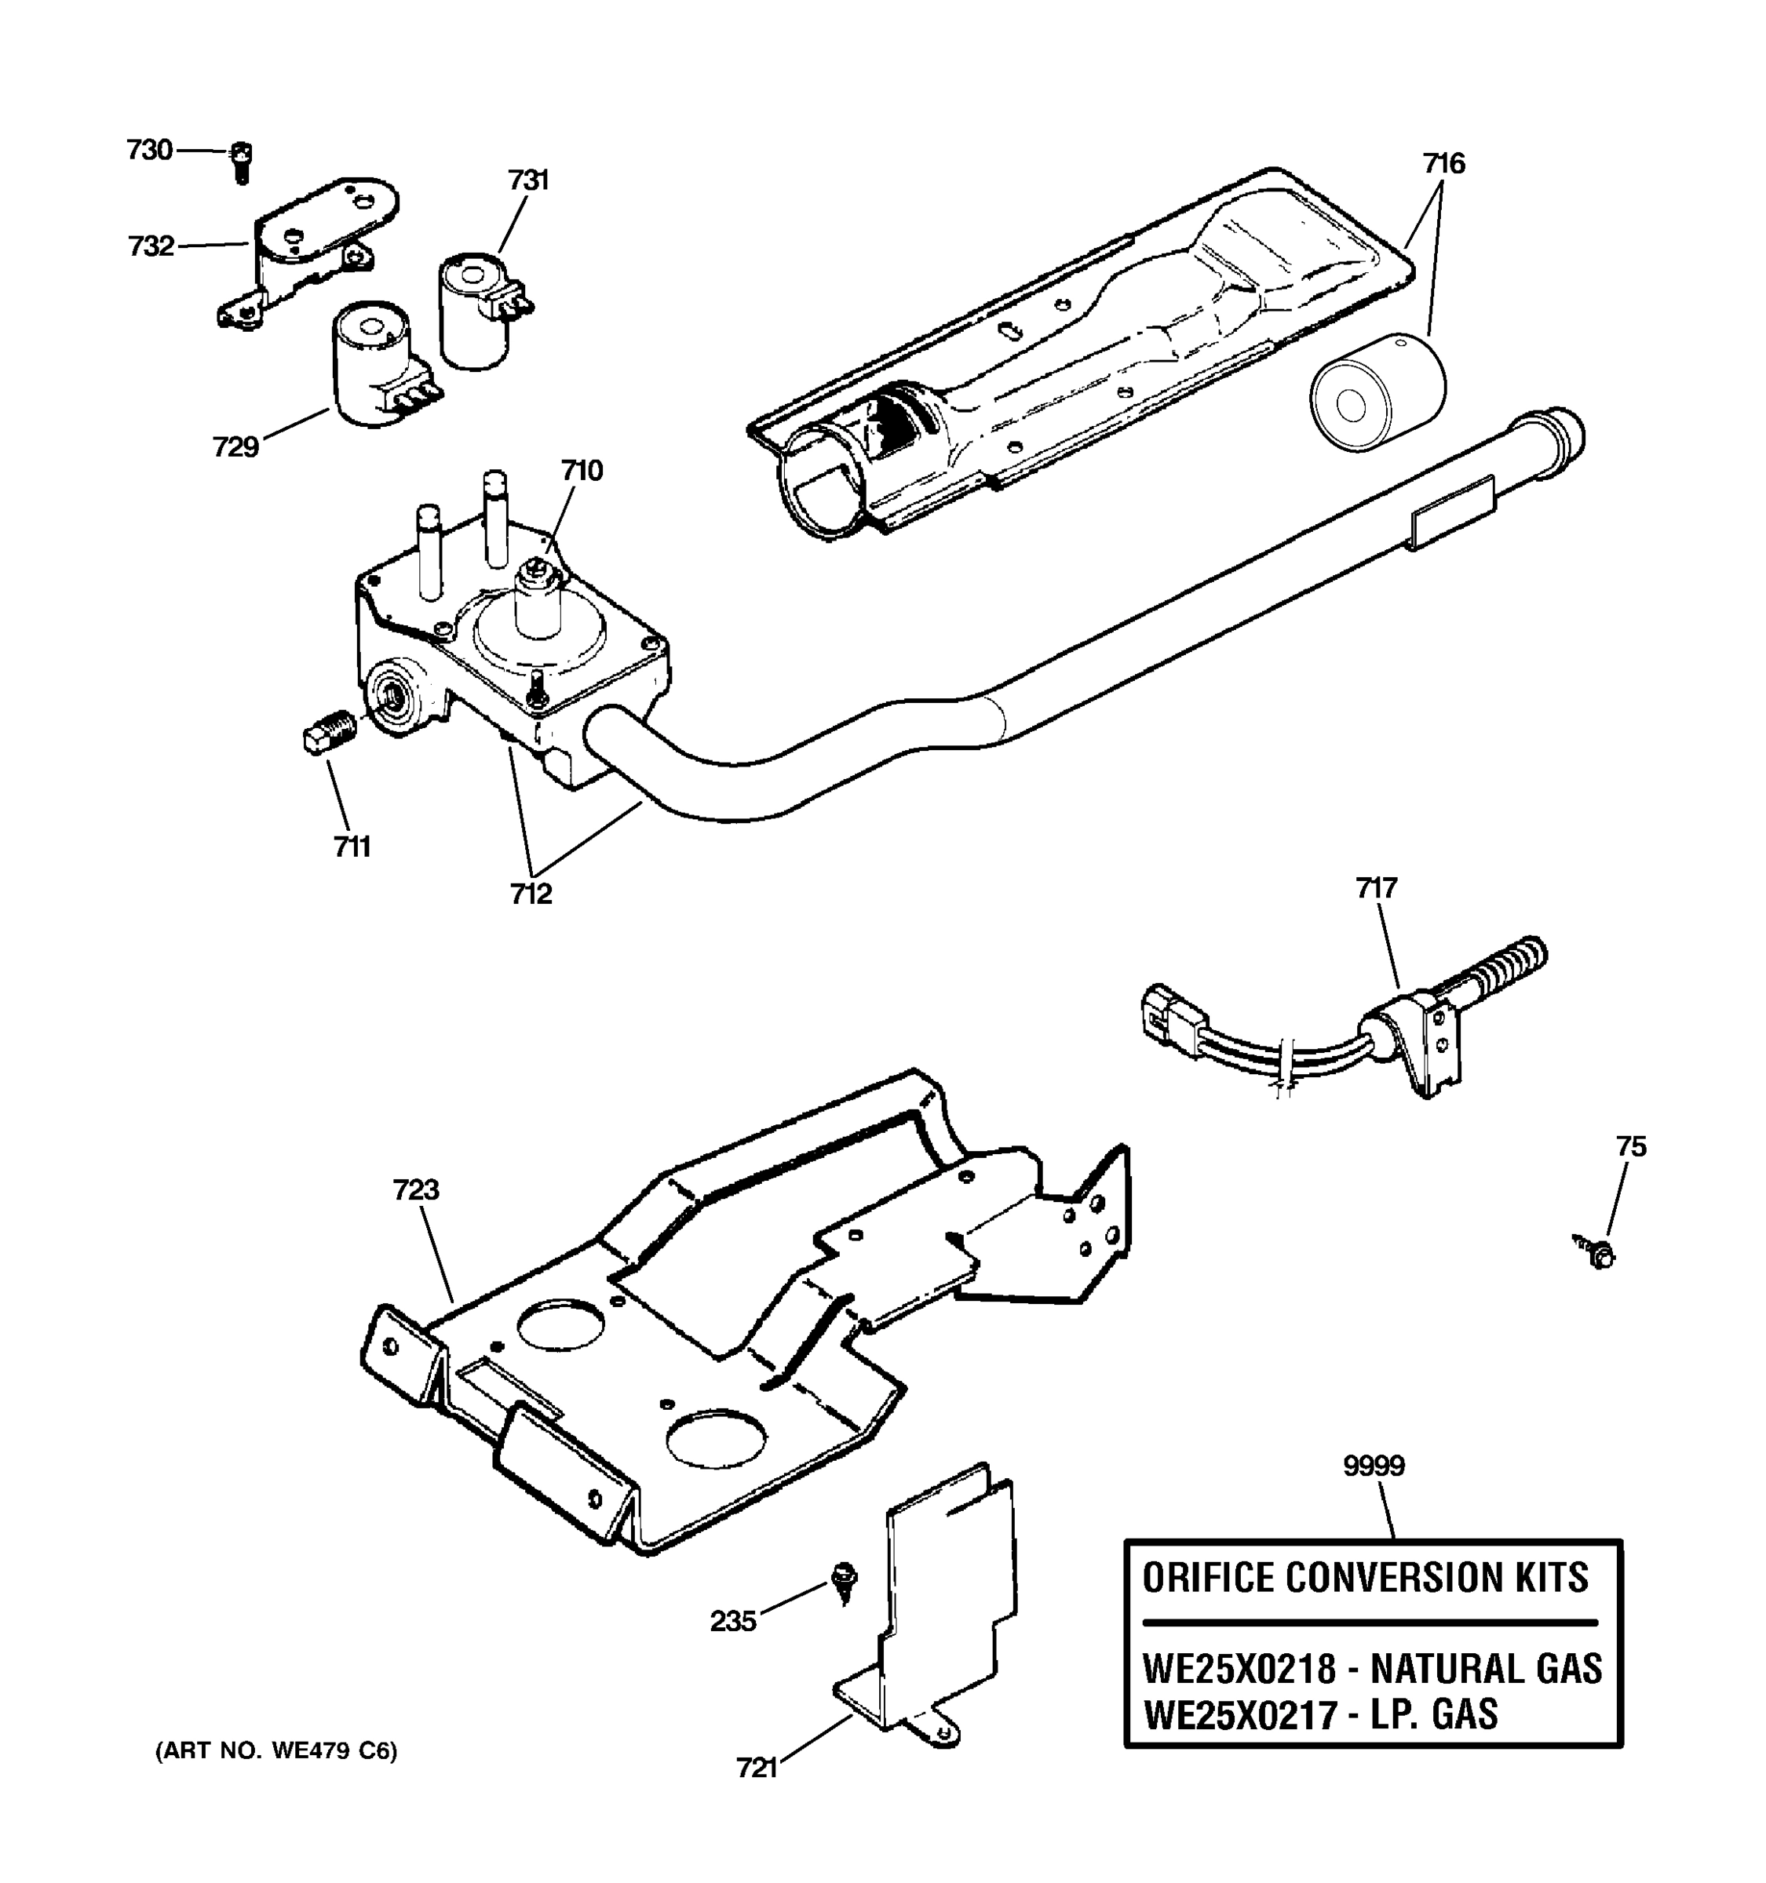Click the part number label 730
[x=150, y=150]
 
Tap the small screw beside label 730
[x=242, y=163]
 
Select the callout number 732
[x=151, y=246]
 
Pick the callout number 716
[x=1443, y=164]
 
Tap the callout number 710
[x=582, y=471]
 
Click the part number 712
[x=531, y=893]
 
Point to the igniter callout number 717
[x=1376, y=888]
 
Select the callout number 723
[x=416, y=1189]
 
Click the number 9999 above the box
[x=1374, y=1466]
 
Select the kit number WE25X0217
[x=1239, y=1714]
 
